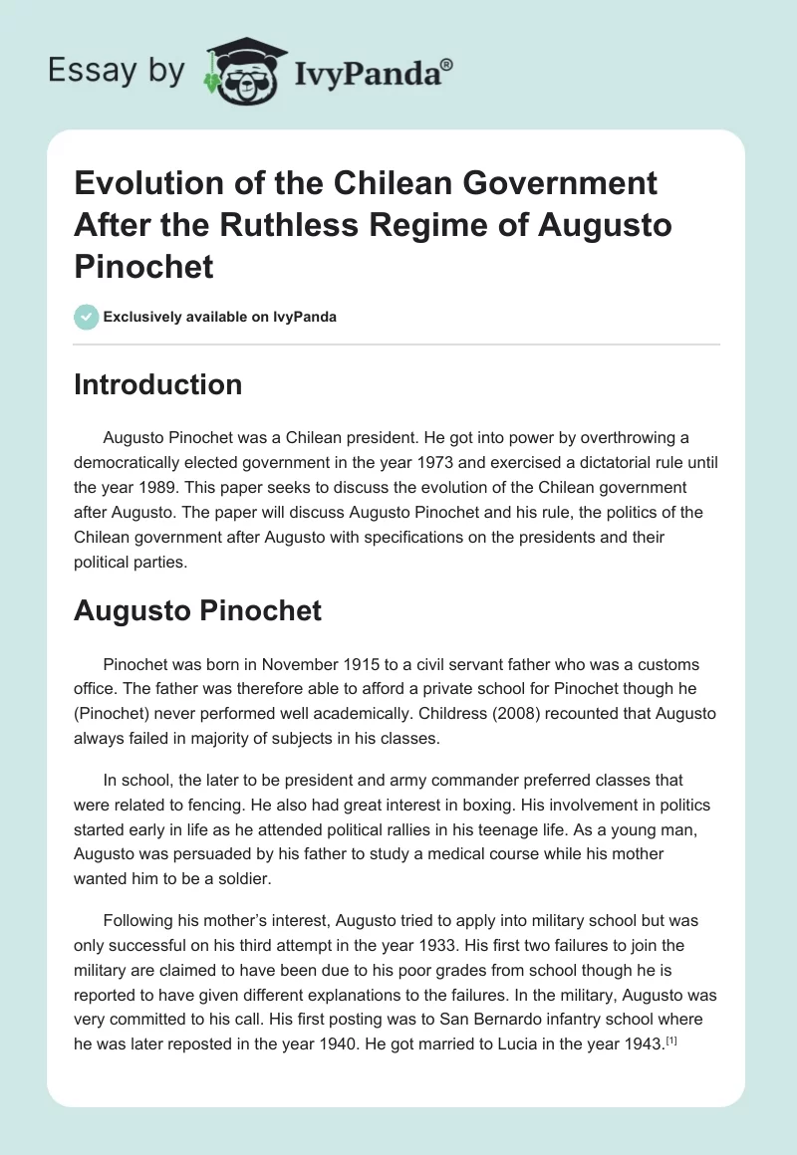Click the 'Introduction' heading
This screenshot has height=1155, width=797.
point(157,384)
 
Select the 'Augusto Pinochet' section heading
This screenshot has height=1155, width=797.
point(197,609)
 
